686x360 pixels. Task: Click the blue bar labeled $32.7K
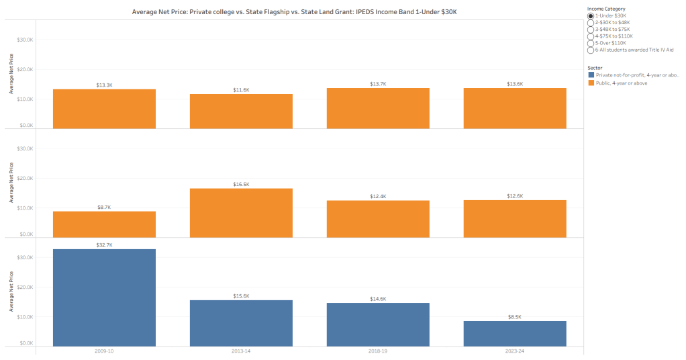coord(104,298)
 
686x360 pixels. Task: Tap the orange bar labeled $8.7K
coord(104,224)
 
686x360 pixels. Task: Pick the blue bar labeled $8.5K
coord(515,333)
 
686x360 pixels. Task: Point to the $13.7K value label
coord(378,85)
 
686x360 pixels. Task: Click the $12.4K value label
coord(378,196)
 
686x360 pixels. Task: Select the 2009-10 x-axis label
coord(104,351)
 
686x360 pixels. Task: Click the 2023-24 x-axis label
coord(515,351)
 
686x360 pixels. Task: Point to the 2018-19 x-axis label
coord(378,351)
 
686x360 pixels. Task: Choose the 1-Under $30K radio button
coord(591,16)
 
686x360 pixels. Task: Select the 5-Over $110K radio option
coord(591,43)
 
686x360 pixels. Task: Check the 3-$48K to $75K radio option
coord(591,30)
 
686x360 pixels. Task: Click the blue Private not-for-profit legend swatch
coord(590,75)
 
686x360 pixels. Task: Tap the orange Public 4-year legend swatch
coord(590,83)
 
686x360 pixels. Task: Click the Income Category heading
coord(606,9)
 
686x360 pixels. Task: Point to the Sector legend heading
coord(595,68)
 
